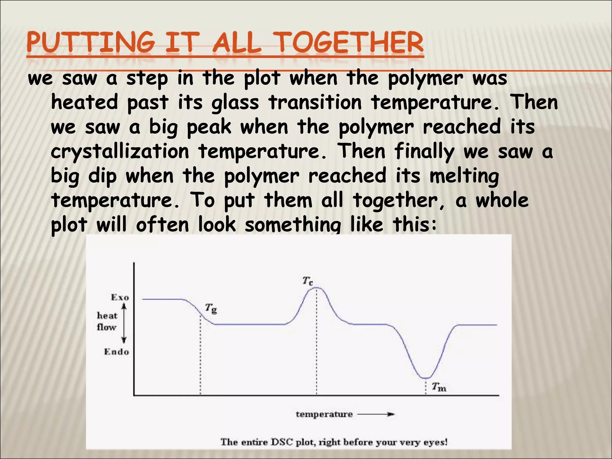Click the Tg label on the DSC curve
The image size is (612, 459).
pyautogui.click(x=211, y=308)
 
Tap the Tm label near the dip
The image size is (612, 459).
pyautogui.click(x=439, y=387)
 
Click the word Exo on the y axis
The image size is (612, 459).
pyautogui.click(x=120, y=297)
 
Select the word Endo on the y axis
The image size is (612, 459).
pyautogui.click(x=117, y=352)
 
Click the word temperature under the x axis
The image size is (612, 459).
pyautogui.click(x=324, y=414)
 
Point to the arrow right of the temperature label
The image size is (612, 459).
pyautogui.click(x=376, y=414)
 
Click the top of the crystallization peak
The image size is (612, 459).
pyautogui.click(x=317, y=288)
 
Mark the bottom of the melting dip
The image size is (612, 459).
pyautogui.click(x=426, y=378)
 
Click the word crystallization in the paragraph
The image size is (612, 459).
pyautogui.click(x=120, y=152)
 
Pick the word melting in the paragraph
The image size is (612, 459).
pyautogui.click(x=464, y=176)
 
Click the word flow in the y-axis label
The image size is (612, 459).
pyautogui.click(x=106, y=327)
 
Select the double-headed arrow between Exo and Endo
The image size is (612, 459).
pyautogui.click(x=124, y=323)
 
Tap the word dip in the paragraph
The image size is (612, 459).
pyautogui.click(x=102, y=176)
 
